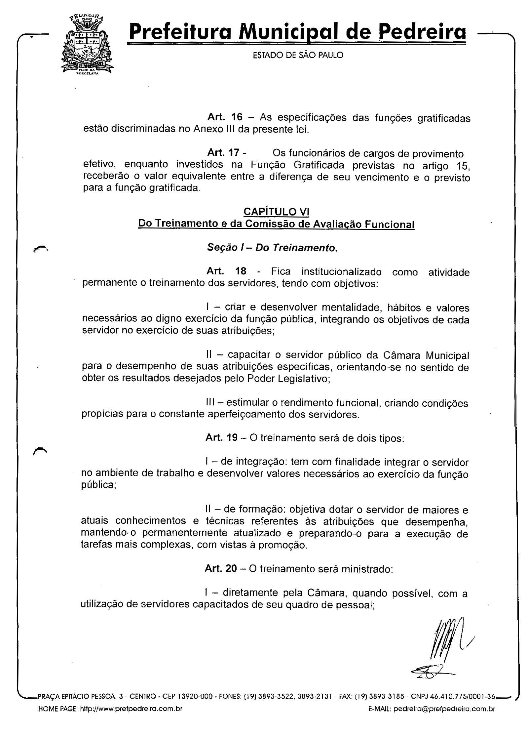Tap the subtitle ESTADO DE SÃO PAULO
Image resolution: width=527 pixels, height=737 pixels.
[298, 55]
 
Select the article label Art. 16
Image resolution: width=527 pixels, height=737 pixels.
[225, 117]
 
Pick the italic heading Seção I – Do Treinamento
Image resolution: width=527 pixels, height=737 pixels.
[272, 248]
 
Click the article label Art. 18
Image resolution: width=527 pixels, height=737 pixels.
[226, 271]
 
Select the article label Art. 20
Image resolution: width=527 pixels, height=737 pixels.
[221, 568]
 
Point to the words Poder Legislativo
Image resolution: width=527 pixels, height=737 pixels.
[288, 378]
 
